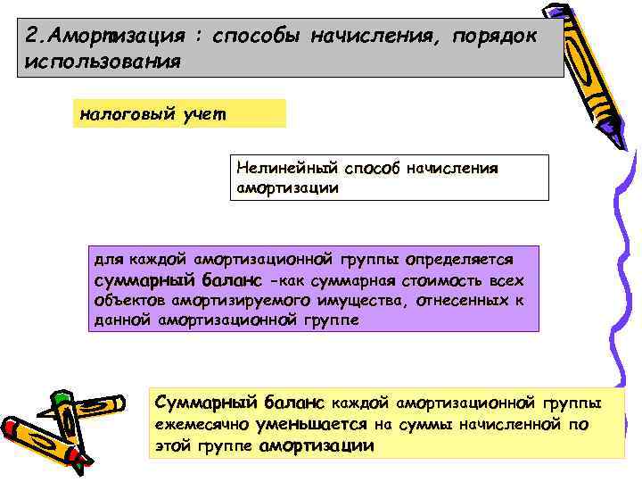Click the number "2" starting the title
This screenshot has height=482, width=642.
point(34,38)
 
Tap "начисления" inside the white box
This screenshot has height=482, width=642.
point(452,167)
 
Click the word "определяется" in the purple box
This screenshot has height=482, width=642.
point(460,260)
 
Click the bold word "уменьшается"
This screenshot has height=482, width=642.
point(311,425)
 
